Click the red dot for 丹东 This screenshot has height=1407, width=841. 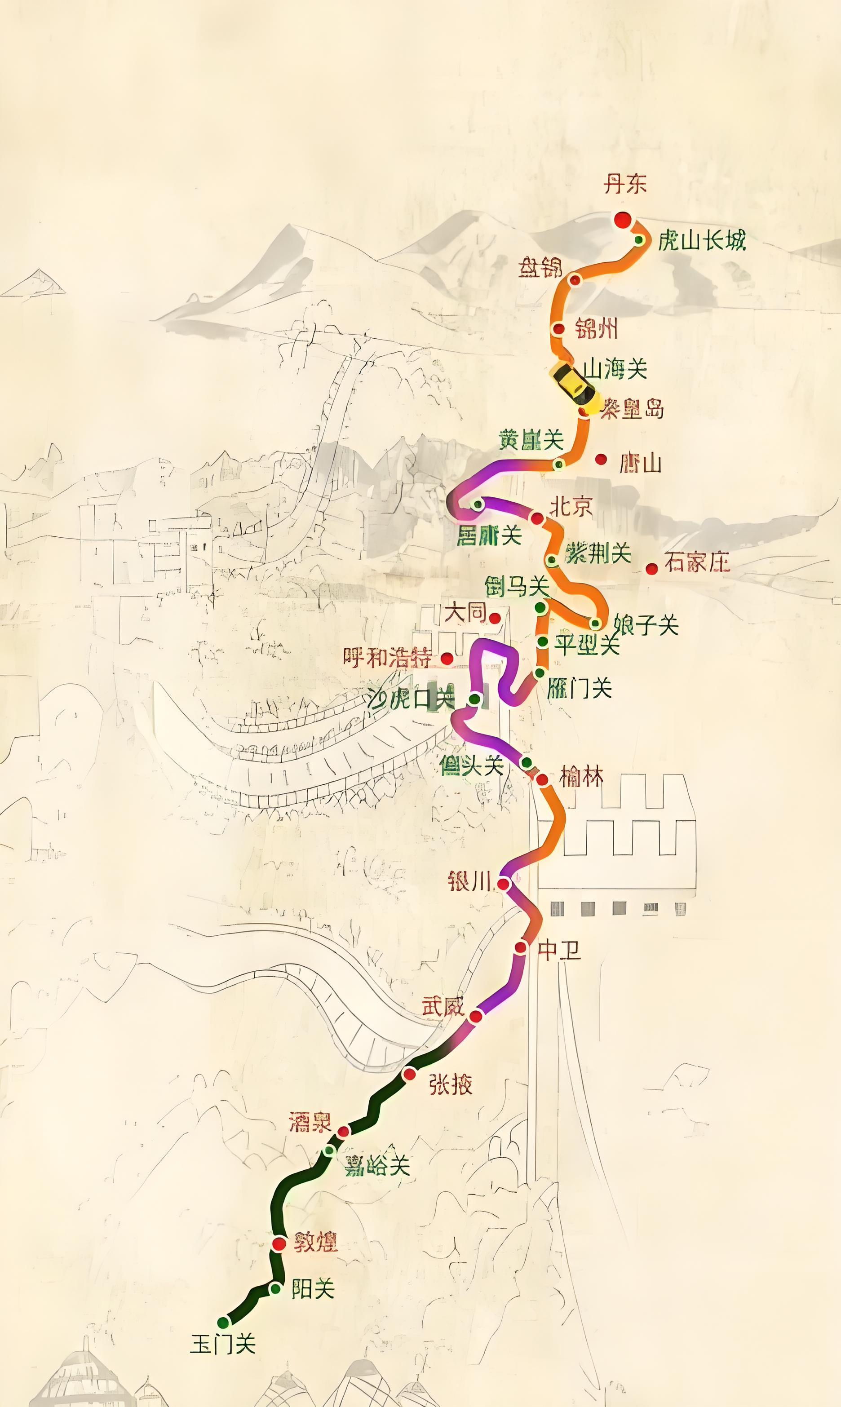pyautogui.click(x=622, y=220)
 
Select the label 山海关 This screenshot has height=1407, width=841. pyautogui.click(x=615, y=369)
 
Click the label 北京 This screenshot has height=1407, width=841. pyautogui.click(x=571, y=506)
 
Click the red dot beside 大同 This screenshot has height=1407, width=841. pyautogui.click(x=495, y=618)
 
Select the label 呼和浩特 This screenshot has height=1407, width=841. pyautogui.click(x=388, y=658)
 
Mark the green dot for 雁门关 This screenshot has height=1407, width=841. pyautogui.click(x=540, y=673)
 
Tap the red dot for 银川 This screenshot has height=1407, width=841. pyautogui.click(x=503, y=883)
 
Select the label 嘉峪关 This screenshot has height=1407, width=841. pyautogui.click(x=377, y=1166)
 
